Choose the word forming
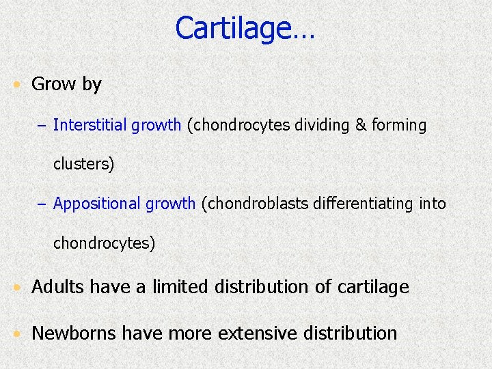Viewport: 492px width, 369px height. click(x=399, y=126)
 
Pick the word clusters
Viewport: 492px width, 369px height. click(x=82, y=165)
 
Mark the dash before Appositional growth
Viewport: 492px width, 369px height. click(x=45, y=204)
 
